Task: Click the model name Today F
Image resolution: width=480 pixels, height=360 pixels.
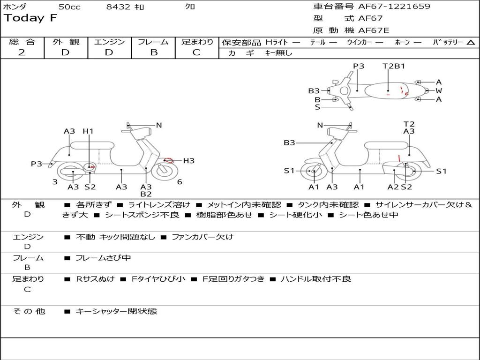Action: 30,18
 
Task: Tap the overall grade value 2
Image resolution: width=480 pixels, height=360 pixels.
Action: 22,52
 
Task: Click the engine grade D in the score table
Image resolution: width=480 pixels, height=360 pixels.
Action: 109,52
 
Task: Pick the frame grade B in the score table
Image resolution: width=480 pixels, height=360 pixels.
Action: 154,52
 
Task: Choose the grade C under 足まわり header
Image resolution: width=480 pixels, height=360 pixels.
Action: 196,52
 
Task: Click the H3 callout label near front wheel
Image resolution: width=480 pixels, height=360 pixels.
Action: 188,161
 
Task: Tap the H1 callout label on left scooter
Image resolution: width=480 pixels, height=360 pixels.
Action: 88,131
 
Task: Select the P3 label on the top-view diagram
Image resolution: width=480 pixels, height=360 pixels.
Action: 359,66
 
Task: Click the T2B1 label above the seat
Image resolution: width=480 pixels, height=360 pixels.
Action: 394,66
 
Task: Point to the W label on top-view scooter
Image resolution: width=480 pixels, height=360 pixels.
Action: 439,90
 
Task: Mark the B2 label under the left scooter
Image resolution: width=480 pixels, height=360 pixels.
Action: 146,194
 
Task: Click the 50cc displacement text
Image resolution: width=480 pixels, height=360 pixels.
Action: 69,7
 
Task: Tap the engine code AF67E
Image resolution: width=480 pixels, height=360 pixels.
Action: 374,30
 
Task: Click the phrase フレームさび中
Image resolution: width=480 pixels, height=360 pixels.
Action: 103,258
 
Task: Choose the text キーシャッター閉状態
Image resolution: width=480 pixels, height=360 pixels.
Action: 116,311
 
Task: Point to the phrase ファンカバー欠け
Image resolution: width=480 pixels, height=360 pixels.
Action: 202,237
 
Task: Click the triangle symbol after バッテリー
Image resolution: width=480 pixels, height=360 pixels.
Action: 471,43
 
